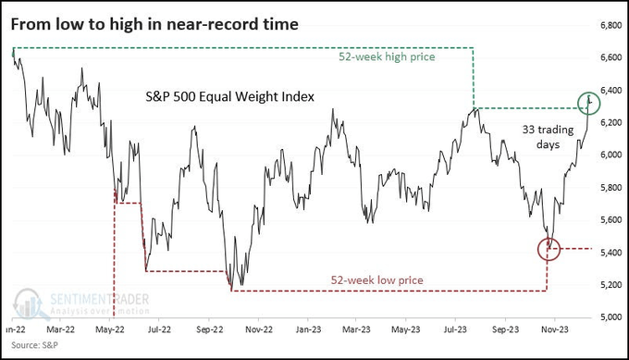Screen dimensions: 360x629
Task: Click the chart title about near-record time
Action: coord(154,24)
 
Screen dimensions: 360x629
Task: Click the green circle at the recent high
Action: coord(586,102)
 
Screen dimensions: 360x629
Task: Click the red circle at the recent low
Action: coord(549,248)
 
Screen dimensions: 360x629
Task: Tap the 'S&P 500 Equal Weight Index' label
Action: coord(229,96)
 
